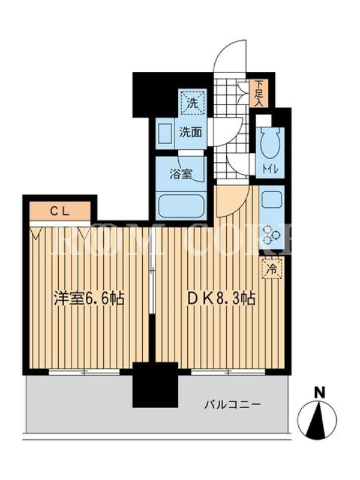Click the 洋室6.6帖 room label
tap(89, 298)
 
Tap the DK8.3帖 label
tap(221, 298)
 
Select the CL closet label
tap(60, 211)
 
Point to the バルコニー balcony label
tap(233, 405)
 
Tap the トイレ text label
tap(270, 169)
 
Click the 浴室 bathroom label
tap(181, 174)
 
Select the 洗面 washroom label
tap(190, 132)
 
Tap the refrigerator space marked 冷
tap(272, 269)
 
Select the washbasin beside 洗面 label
tap(166, 132)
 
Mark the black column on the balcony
tap(155, 385)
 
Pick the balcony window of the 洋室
tap(84, 372)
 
